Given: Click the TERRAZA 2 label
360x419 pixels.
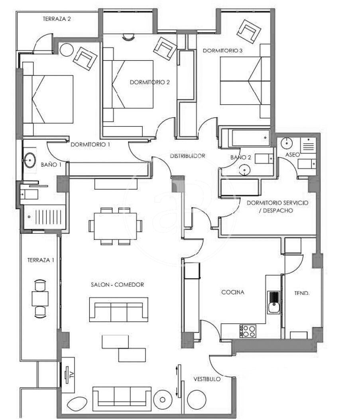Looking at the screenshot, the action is tap(57, 19).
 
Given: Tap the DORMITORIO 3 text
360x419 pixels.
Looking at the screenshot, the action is tap(223, 51).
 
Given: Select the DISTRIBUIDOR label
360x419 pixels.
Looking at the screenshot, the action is tap(187, 156).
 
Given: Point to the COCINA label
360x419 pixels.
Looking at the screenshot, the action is tap(233, 293).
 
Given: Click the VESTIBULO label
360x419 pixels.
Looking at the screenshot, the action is tap(207, 379).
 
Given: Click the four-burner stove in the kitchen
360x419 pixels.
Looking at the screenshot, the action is tap(248, 331).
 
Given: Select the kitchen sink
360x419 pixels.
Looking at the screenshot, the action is tap(274, 302).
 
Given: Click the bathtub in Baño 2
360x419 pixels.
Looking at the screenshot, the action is tap(251, 138).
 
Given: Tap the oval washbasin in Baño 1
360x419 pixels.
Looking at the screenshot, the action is tap(30, 160).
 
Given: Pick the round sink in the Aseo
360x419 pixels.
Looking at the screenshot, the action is tap(287, 143).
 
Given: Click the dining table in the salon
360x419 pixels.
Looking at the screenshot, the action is tap(115, 226).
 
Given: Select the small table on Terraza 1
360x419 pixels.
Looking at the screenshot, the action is tap(40, 298).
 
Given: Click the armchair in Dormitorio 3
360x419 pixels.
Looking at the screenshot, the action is tap(249, 32).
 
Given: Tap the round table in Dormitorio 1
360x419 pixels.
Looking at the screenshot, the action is tap(67, 50).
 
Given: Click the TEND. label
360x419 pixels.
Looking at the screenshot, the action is tap(302, 293).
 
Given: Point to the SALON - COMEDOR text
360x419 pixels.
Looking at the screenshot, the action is tap(117, 285).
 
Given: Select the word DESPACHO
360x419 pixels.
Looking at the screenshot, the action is tap(278, 211).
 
